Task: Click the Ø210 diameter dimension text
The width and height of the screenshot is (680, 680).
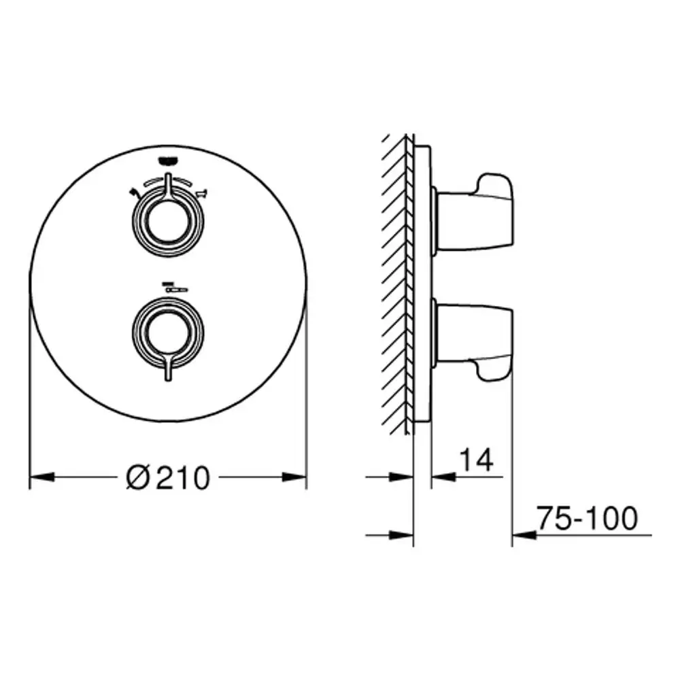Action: click(168, 478)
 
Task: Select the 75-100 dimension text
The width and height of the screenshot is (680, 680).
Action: click(588, 517)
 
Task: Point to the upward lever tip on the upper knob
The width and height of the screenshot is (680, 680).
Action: click(168, 175)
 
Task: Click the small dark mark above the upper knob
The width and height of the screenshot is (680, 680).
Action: click(168, 161)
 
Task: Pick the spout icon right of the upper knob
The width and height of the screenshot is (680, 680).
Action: click(202, 192)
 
